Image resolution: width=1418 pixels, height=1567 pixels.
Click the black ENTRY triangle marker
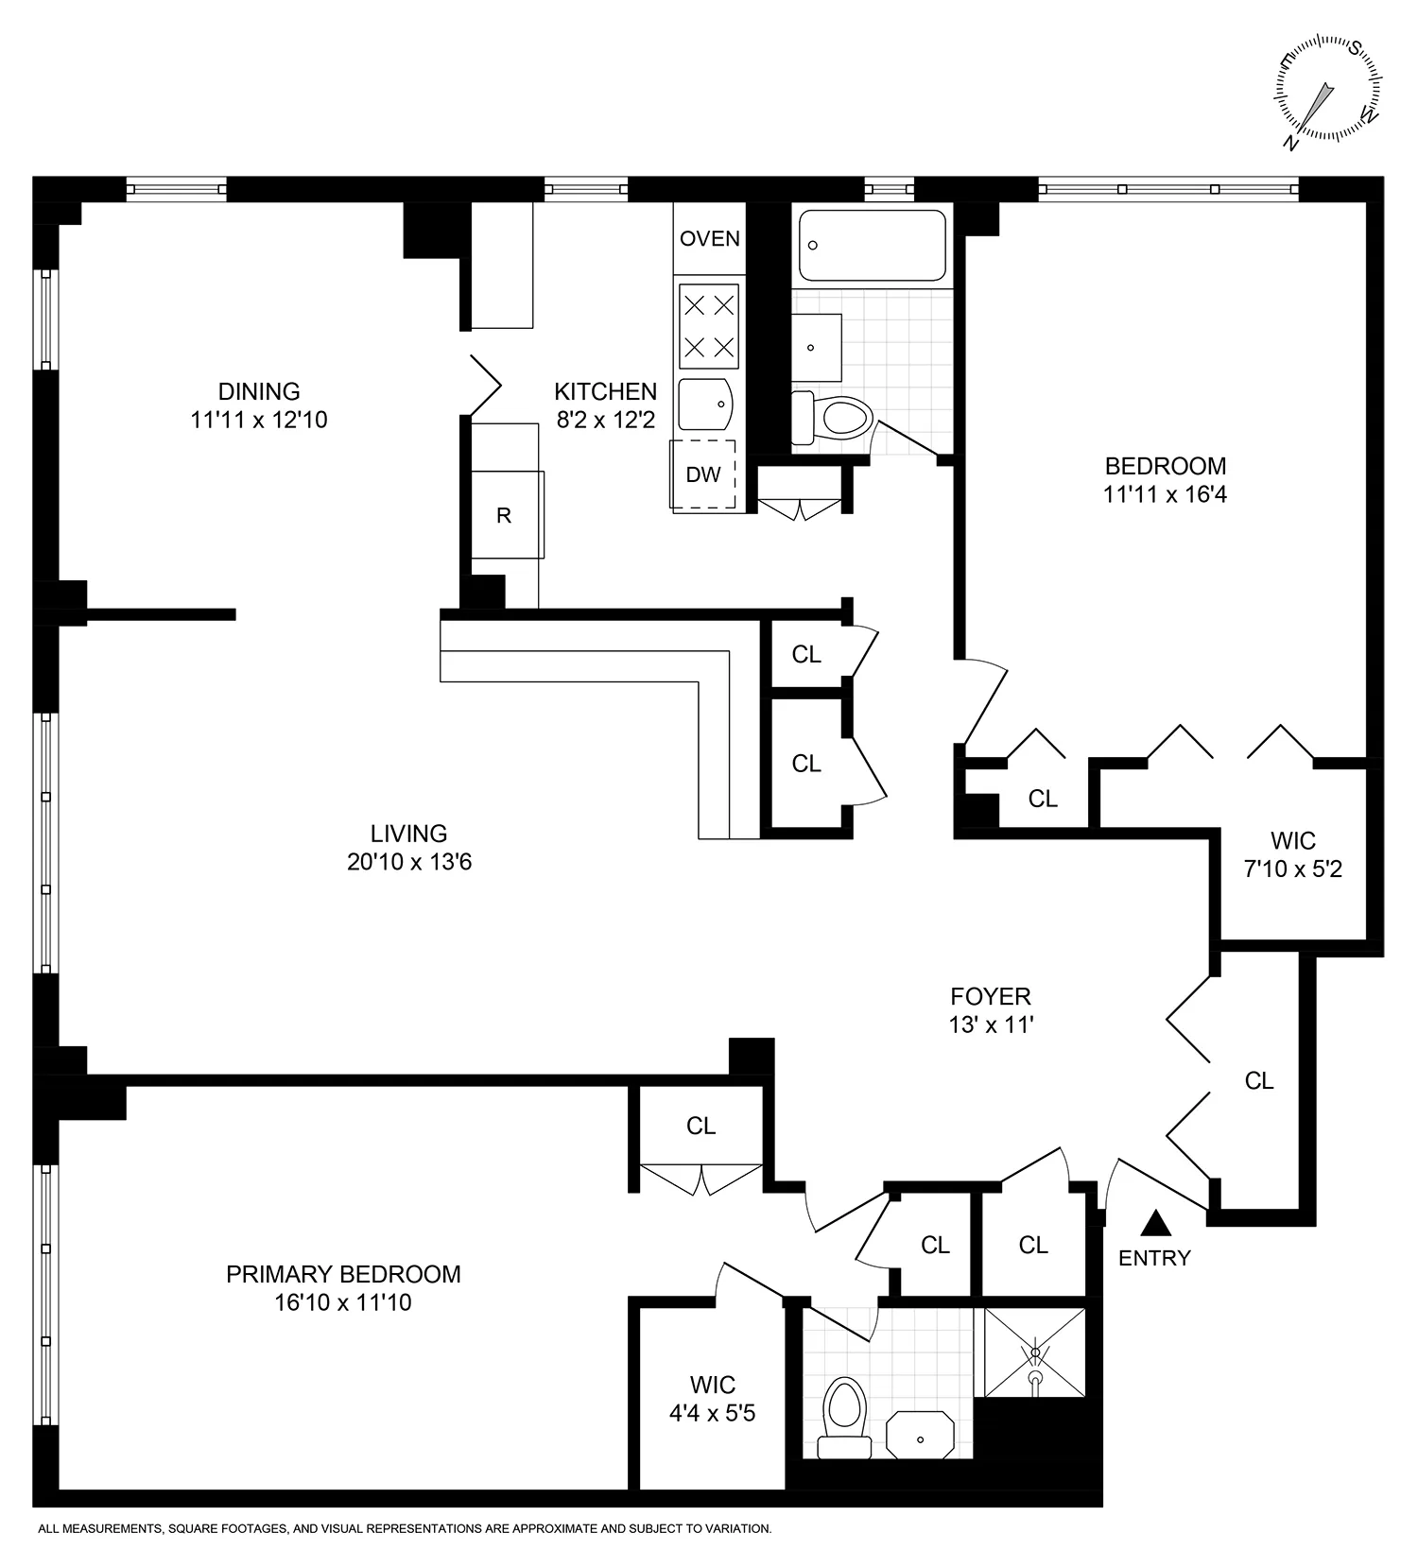point(1155,1224)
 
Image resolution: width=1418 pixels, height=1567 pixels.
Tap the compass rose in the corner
point(1329,92)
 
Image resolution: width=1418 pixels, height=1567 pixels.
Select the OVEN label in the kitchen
point(710,238)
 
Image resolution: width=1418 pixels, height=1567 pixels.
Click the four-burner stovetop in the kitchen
point(709,326)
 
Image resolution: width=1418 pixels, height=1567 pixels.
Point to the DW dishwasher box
point(703,474)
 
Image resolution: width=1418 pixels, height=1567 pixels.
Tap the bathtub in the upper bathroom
point(872,246)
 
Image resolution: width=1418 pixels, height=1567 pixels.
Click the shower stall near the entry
point(1035,1352)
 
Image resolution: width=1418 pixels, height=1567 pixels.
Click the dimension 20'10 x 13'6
point(409,862)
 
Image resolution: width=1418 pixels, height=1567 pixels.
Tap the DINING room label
point(259,391)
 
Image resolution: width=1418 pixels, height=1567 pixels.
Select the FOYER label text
point(991,996)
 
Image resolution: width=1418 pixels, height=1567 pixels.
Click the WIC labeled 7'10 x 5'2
point(1293,854)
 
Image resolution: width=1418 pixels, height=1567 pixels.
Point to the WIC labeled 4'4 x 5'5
point(713,1400)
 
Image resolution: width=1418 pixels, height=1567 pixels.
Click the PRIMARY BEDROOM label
point(343,1274)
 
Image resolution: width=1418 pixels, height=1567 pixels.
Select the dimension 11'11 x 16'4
point(1165,494)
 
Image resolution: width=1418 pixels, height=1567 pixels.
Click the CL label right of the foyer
point(1259,1080)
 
